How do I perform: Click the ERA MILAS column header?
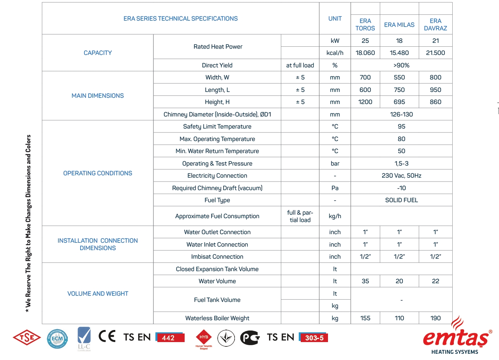399,25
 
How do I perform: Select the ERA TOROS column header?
365,25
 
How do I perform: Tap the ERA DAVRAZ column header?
435,25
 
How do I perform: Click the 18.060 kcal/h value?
365,53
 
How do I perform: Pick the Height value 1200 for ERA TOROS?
365,102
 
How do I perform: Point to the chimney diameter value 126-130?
401,115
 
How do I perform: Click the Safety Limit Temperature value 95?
401,127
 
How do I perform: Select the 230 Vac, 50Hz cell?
401,176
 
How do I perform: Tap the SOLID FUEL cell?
401,200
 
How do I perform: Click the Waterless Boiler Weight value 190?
435,318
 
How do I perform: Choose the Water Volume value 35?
365,281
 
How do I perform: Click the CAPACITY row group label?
98,53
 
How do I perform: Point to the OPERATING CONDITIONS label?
98,173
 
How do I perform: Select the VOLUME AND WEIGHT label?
98,294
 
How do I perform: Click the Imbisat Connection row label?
217,257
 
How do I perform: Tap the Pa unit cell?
335,188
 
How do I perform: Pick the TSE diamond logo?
27,337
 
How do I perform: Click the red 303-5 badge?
314,338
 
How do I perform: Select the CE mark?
107,336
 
